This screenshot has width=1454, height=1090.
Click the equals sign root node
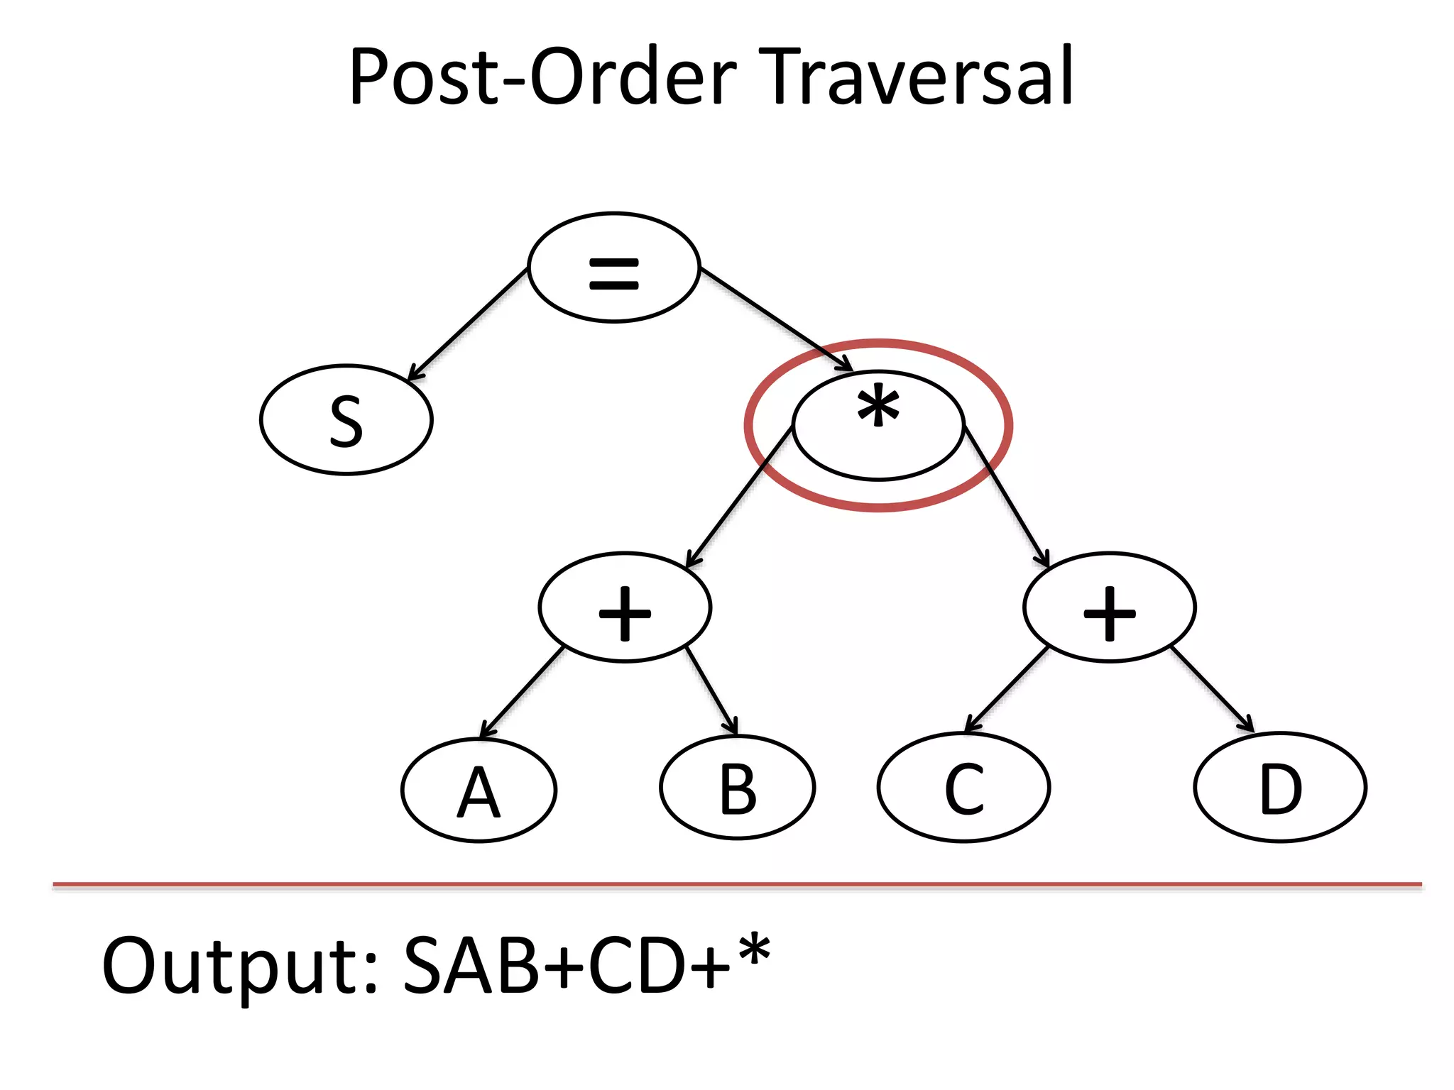click(x=614, y=268)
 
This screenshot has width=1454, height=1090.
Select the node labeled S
click(x=346, y=420)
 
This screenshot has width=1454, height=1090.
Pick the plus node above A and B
click(x=625, y=607)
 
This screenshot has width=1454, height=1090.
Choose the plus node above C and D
click(x=1110, y=607)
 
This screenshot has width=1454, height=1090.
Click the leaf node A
click(x=479, y=791)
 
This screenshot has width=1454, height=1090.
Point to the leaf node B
click(x=738, y=788)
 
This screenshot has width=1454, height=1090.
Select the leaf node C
click(x=964, y=788)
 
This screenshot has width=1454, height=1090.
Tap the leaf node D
click(x=1280, y=788)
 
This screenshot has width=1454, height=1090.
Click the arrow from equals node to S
click(x=469, y=324)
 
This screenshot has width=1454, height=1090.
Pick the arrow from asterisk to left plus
click(x=739, y=495)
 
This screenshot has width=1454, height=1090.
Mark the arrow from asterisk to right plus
click(x=1006, y=496)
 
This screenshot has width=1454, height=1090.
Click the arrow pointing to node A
click(x=522, y=693)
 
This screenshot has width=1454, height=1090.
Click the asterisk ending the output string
click(x=754, y=952)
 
